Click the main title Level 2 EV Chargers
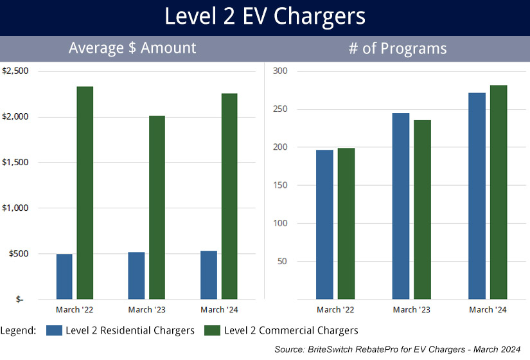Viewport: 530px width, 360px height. tap(265, 17)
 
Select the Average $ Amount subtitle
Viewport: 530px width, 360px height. tap(132, 48)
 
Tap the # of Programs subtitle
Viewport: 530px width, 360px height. tap(397, 48)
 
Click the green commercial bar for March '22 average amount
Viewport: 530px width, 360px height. tap(85, 193)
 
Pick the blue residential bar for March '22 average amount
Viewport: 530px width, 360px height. tap(64, 276)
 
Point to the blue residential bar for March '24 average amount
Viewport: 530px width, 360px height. tap(209, 275)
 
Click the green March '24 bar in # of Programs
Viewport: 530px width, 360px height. tap(499, 192)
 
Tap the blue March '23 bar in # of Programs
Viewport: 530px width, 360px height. tap(401, 206)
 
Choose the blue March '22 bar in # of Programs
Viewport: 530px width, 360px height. tap(325, 224)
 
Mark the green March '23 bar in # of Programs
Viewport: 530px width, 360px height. tap(422, 210)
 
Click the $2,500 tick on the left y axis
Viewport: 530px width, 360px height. tap(15, 71)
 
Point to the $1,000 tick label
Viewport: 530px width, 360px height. tap(15, 208)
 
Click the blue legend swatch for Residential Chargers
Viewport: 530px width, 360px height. tap(55, 330)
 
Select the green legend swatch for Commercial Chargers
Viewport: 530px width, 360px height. tap(213, 330)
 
